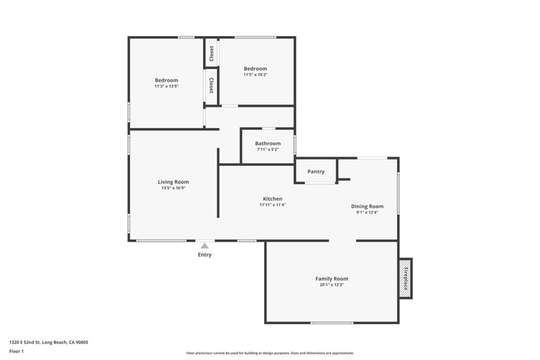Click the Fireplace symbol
point(406,278)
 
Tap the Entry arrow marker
point(205,246)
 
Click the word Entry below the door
point(205,255)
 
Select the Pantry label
point(316,171)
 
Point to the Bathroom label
point(268,143)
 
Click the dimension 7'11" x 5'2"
point(268,150)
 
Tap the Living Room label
point(173,182)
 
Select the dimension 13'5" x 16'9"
point(173,188)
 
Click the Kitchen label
point(273,199)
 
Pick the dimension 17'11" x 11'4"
point(273,205)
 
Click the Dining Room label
point(368,206)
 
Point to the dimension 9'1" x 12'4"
point(368,212)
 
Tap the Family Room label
point(332,278)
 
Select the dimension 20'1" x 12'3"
point(332,285)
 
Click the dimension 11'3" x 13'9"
point(167,86)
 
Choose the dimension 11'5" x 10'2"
point(255,75)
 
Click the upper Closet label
point(211,53)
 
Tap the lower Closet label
point(211,85)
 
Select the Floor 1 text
point(17,351)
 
